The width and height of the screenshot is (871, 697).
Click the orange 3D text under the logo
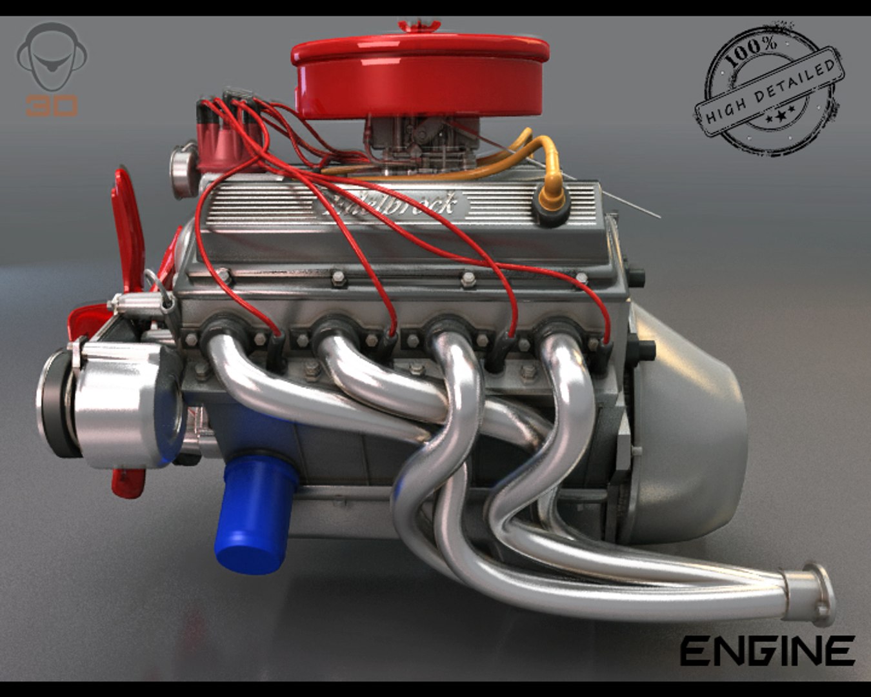point(52,105)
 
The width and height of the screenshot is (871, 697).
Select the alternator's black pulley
point(55,403)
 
